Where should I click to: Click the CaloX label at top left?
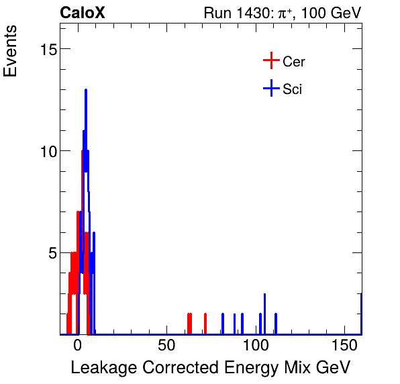pos(82,13)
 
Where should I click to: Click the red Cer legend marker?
pos(270,62)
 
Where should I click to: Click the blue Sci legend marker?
pos(270,89)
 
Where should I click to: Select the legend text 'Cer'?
pos(294,62)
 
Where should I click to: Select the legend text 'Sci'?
pos(293,89)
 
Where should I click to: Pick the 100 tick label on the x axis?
pos(255,346)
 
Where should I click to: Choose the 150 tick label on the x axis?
pos(344,346)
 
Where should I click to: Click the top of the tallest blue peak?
pos(86,90)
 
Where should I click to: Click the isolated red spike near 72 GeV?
pos(205,322)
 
